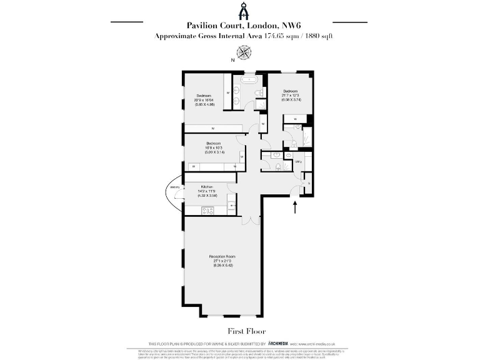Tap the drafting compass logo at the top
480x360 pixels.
coord(239,11)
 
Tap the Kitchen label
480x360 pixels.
coord(206,187)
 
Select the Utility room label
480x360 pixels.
coord(298,162)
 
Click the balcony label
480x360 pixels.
coord(174,187)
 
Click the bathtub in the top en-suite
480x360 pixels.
coord(248,80)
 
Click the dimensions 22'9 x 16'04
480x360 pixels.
coord(206,100)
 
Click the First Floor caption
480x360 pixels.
coord(239,330)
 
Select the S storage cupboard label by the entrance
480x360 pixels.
coord(309,182)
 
